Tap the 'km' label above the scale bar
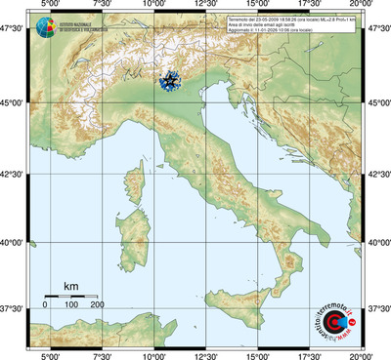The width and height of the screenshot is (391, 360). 70,286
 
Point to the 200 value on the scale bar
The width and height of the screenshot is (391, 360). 97,305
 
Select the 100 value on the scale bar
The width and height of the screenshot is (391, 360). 71,305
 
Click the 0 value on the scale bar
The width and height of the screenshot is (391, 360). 45,305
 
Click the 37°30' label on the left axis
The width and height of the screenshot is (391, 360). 15,309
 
